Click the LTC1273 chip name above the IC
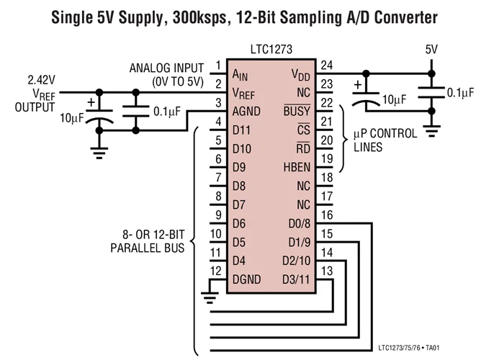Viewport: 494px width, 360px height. coord(271,50)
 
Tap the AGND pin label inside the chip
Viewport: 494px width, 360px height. coord(246,112)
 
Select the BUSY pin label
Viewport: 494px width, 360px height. coord(297,111)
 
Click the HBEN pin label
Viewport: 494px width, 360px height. coord(297,167)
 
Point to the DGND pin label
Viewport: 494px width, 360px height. coord(247,279)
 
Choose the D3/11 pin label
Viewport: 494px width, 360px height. coord(296,279)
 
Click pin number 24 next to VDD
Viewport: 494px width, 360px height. coord(327,66)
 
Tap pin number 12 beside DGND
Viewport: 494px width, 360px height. coord(216,271)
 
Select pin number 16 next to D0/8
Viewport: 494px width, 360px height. coord(327,215)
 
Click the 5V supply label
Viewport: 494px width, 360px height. coord(431,49)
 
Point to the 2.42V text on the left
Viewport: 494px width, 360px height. coord(41,80)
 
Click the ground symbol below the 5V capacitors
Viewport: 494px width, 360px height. coord(431,131)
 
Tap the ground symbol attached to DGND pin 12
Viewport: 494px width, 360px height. coord(210,297)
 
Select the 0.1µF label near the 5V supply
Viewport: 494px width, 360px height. coord(460,93)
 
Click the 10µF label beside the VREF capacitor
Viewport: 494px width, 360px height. coord(72,118)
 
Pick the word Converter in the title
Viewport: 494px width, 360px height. coord(406,17)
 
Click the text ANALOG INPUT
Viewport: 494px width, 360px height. coord(166,68)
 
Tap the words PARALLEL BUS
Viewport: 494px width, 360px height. coord(148,248)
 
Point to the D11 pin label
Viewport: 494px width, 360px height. coord(241,130)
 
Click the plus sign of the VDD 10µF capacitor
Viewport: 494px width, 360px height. coord(358,85)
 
